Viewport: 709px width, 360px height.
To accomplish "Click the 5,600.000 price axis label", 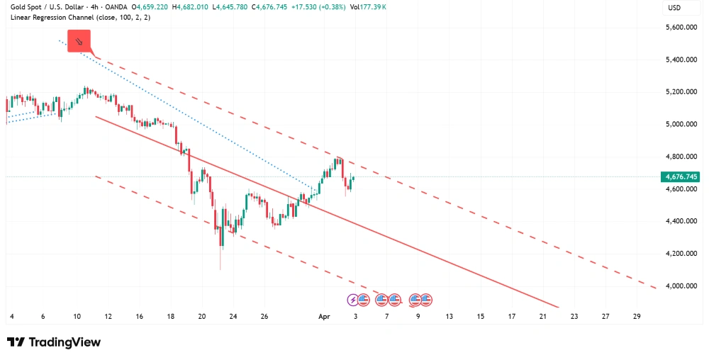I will [x=679, y=28].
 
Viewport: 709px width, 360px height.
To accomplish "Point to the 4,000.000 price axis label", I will [x=679, y=286].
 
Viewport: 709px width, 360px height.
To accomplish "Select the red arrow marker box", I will [x=79, y=41].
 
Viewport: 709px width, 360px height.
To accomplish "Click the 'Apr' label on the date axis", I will [x=325, y=316].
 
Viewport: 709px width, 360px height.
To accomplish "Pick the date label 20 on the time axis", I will [x=202, y=316].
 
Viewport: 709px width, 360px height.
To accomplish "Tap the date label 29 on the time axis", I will [x=637, y=316].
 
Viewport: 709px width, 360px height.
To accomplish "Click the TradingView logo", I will [x=54, y=342].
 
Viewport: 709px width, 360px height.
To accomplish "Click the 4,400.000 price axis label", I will [x=679, y=221].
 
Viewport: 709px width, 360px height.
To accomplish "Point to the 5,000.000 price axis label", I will [x=679, y=125].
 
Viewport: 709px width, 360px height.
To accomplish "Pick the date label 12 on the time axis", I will [x=108, y=316].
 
